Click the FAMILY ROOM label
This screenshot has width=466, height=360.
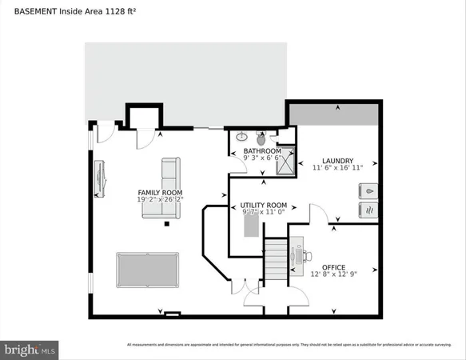pos(160,193)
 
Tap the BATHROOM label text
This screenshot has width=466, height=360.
pos(262,151)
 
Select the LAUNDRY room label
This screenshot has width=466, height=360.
pos(338,160)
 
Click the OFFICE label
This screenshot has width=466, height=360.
pos(333,266)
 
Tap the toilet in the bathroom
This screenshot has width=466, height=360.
pos(261,138)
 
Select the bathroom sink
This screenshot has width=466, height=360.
pos(241,135)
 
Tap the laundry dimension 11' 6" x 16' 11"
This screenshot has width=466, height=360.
pos(338,168)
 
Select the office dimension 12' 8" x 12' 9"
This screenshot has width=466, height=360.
pos(333,274)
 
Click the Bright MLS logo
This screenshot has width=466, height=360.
pos(30,349)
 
